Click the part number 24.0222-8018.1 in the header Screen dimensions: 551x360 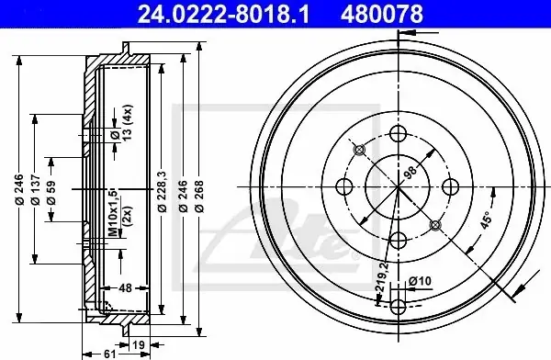point(223,14)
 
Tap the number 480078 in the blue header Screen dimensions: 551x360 point(382,14)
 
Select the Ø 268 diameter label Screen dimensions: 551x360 point(199,197)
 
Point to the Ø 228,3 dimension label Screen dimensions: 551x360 point(162,192)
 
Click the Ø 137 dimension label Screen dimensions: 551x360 point(35,189)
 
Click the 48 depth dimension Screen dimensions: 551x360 point(125,288)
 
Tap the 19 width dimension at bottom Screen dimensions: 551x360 point(139,344)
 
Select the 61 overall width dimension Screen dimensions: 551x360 point(110,354)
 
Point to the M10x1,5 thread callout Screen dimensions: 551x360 point(112,212)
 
